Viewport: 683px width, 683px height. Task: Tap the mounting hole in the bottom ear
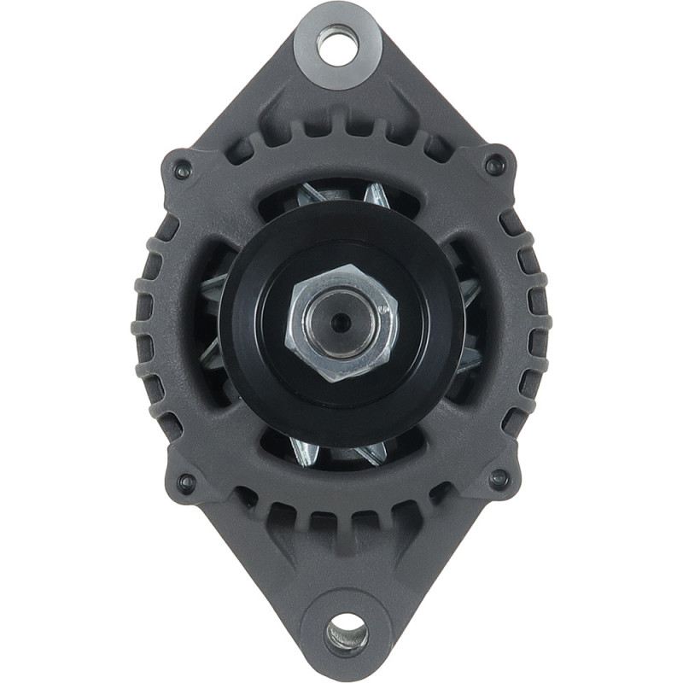(x=347, y=634)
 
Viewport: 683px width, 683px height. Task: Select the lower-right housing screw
(x=500, y=479)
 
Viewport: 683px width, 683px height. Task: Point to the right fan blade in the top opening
(x=374, y=194)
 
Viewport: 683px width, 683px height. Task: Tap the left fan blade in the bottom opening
(x=304, y=450)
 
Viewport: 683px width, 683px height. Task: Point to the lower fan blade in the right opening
(x=470, y=359)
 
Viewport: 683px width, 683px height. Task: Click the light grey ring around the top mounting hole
(x=312, y=43)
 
